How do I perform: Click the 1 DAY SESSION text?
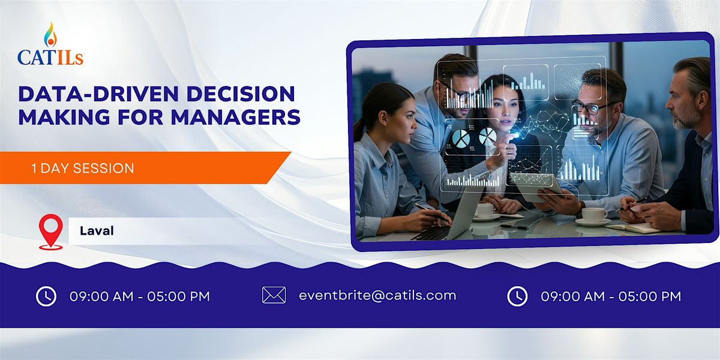pos(83,168)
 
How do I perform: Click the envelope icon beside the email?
pos(274,295)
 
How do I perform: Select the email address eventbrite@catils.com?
pos(377,295)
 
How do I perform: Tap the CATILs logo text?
pos(50,57)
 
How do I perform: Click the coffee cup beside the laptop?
pos(485,209)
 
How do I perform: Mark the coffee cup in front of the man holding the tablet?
pos(593,215)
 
